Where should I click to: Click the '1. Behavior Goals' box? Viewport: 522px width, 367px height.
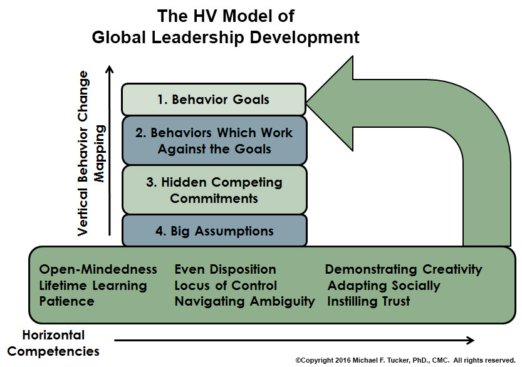coord(214,100)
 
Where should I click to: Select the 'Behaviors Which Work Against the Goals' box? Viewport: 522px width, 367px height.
coord(214,140)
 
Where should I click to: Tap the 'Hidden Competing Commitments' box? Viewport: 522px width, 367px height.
coord(214,190)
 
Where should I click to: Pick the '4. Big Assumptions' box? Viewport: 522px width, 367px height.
coord(214,230)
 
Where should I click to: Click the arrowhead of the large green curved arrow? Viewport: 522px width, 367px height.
coord(330,103)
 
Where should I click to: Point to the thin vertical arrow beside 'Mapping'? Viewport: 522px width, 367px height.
coord(110,150)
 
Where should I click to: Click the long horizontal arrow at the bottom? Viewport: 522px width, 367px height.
coord(295,340)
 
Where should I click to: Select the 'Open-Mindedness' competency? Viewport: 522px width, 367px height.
coord(98,269)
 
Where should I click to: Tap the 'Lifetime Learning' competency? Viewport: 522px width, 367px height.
coord(93,286)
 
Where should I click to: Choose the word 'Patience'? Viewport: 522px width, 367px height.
coord(66,301)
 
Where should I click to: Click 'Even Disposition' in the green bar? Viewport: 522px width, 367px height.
coord(226,269)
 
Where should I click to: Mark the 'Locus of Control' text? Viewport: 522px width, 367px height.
coord(226,286)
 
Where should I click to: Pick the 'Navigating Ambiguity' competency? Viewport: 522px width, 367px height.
coord(244,301)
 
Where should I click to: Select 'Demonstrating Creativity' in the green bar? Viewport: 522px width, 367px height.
coord(404,269)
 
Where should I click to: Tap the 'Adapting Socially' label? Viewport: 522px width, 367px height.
coord(384,286)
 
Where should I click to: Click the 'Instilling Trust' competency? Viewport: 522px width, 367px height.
coord(368,301)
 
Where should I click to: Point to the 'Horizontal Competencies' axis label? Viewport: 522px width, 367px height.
coord(53,343)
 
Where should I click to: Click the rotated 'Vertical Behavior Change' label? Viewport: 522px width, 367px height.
coord(83,153)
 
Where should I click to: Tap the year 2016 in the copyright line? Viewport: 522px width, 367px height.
coord(343,360)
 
